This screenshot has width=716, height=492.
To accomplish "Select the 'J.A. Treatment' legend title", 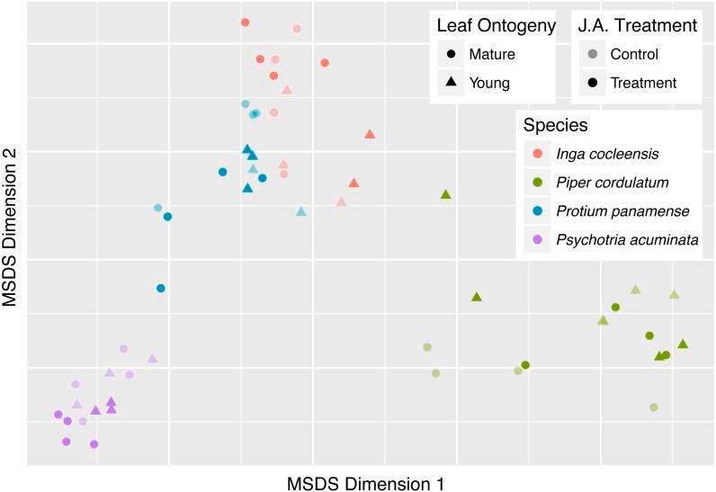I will [638, 26].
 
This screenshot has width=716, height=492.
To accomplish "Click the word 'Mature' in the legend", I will [492, 54].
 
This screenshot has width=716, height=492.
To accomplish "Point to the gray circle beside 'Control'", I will [593, 54].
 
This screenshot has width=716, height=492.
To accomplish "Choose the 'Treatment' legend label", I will [643, 83].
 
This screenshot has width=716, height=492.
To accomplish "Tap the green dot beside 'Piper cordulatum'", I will [537, 182].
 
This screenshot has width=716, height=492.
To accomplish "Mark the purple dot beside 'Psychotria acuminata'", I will [537, 239].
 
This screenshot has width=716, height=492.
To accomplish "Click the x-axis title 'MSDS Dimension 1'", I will [365, 483].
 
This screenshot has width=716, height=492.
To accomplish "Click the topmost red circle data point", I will [245, 22].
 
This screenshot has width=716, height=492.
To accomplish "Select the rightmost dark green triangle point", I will [683, 344].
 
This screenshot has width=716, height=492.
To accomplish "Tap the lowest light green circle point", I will [654, 407].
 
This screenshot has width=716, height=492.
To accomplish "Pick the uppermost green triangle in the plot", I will [445, 194].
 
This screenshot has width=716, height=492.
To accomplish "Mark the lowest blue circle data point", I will [161, 288].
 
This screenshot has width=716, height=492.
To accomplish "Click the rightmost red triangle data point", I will [370, 134].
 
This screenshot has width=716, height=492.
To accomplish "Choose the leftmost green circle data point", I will [427, 347].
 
